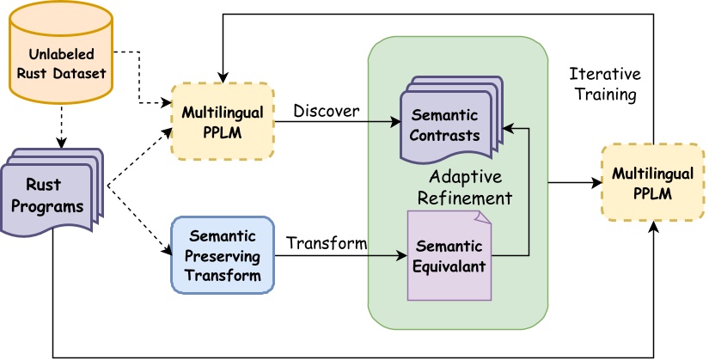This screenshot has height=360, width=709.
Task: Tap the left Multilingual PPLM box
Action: pos(223,121)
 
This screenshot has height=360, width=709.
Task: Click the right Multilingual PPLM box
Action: pos(651,183)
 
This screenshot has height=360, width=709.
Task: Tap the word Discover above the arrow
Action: pos(326,111)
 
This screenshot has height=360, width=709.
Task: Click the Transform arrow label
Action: pos(327,243)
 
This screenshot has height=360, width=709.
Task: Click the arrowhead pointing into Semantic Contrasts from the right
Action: pos(507,127)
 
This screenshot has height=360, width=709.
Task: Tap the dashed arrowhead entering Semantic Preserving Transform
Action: pos(166,252)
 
